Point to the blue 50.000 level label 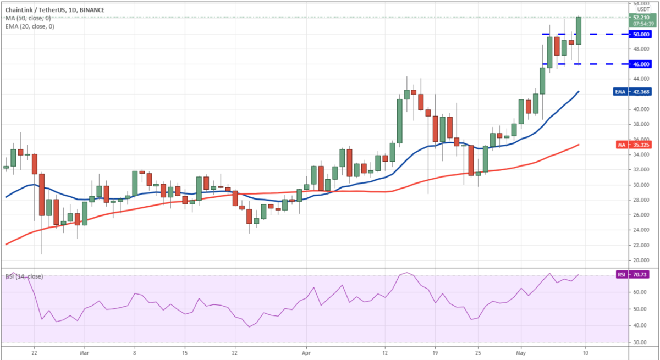point(642,34)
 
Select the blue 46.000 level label point(642,64)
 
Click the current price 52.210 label point(642,17)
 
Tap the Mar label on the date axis point(84,353)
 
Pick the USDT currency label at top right point(642,9)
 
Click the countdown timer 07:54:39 point(642,24)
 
